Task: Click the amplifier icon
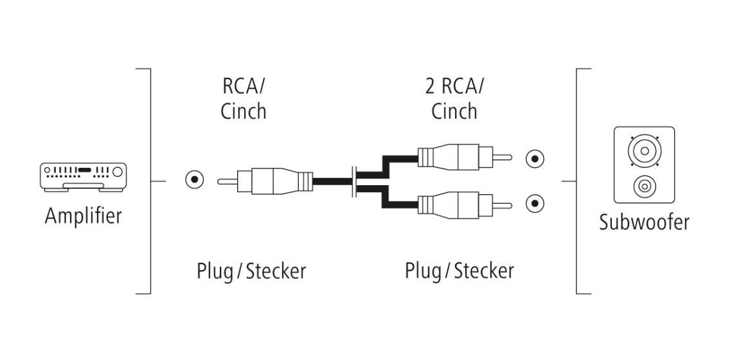(x=84, y=177)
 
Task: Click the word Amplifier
(x=83, y=216)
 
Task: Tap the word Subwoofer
(x=644, y=222)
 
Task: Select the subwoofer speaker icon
(x=644, y=165)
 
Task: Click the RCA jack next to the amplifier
(x=195, y=180)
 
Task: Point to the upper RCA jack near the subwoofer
(x=535, y=159)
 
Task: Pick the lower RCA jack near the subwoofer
(x=535, y=203)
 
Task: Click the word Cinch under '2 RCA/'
(x=454, y=111)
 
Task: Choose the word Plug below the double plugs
(x=423, y=271)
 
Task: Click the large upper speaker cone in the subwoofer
(x=644, y=151)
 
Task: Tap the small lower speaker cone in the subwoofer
(x=644, y=187)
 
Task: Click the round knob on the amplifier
(x=117, y=172)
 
